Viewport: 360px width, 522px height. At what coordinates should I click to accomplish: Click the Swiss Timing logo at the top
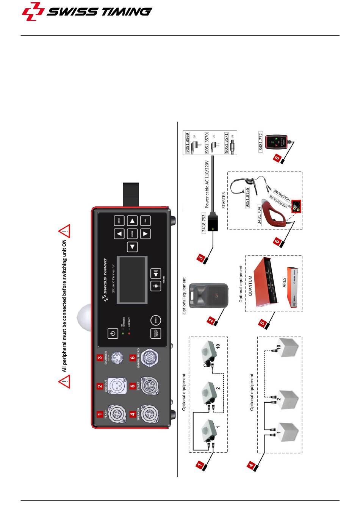point(87,12)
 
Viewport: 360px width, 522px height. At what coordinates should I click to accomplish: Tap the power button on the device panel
point(113,334)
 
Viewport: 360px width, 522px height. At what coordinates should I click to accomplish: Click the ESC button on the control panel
point(145,220)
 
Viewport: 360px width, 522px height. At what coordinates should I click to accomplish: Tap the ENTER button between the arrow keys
point(132,234)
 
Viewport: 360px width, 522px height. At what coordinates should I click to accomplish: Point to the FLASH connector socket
point(115,414)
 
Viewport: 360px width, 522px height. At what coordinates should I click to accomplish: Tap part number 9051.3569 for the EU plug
point(188,143)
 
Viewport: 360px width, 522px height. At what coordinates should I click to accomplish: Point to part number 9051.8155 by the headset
point(247,197)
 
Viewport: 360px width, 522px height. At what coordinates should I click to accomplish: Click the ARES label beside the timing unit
point(284,283)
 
